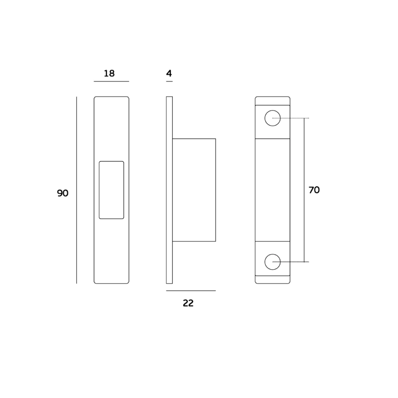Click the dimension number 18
coord(109,73)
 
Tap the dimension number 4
coord(169,73)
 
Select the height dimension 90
coord(63,193)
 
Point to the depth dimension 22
coord(188,303)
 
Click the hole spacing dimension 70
coord(314,190)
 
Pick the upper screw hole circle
coord(273,118)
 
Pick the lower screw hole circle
coord(273,262)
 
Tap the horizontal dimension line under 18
coord(111,82)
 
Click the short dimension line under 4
coord(169,82)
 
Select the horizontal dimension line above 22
coord(191,291)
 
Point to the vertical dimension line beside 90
coord(76,190)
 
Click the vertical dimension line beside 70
coord(304,190)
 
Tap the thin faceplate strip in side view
coord(169,190)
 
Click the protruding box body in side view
coord(194,190)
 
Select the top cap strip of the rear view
coord(273,101)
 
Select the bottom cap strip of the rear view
coord(273,279)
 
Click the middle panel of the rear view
coord(273,190)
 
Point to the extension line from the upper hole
coord(291,118)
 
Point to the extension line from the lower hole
coord(291,262)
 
